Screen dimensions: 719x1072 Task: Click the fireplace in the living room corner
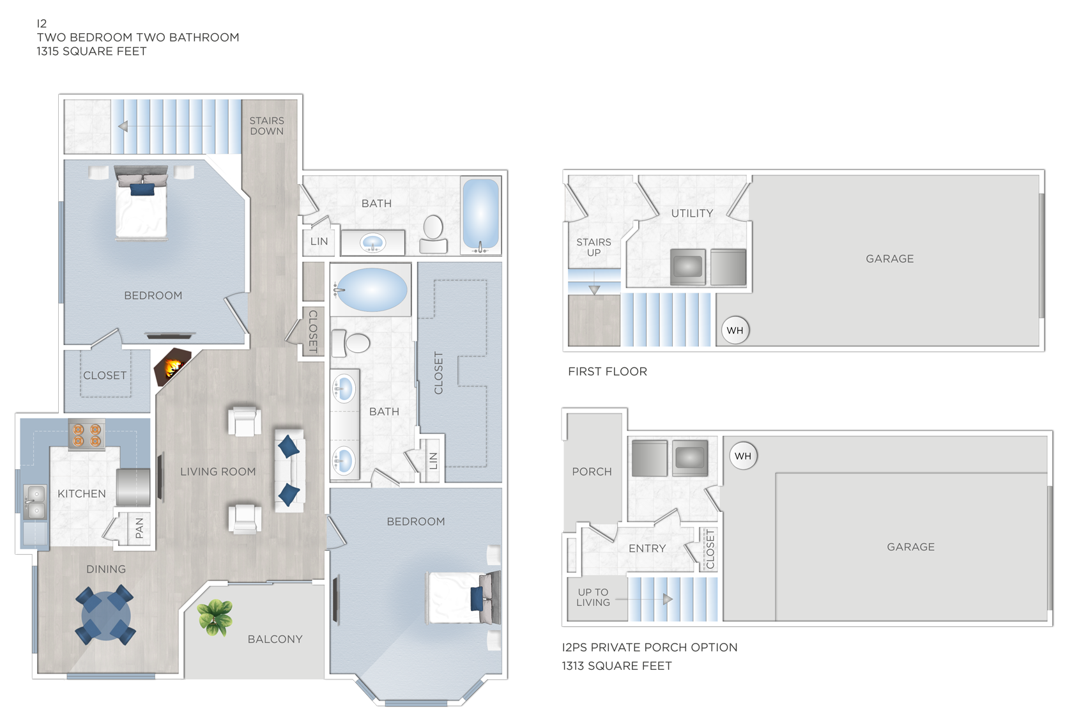pos(171,369)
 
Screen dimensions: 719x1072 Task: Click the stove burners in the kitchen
pos(87,435)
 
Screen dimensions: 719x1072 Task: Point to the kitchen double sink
pos(34,502)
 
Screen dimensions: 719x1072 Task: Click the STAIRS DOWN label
pos(266,126)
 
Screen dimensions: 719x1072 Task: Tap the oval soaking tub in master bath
pos(371,290)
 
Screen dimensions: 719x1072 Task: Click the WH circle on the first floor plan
pos(735,330)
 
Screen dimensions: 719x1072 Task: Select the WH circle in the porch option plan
pos(742,456)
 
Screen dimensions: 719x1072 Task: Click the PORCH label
pos(592,472)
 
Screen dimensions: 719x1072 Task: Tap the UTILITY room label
pos(692,213)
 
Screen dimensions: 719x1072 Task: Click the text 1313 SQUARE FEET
pos(616,666)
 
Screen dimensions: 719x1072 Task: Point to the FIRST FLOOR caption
pos(607,371)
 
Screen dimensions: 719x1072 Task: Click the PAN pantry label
pos(139,528)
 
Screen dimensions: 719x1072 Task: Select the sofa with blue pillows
pos(289,471)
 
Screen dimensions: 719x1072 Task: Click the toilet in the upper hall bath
pos(434,235)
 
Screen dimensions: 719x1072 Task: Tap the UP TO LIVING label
pos(593,597)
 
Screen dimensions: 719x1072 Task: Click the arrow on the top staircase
pos(123,127)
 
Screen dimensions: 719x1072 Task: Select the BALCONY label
pos(275,639)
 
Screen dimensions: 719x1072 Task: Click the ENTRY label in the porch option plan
pos(647,548)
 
